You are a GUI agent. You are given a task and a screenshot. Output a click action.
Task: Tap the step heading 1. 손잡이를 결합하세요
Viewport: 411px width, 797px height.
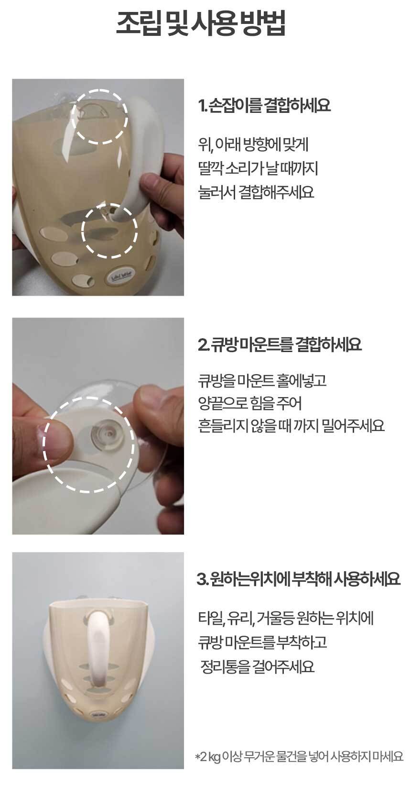pyautogui.click(x=264, y=105)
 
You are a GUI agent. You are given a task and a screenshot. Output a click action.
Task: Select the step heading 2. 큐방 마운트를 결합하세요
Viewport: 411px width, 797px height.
pyautogui.click(x=280, y=344)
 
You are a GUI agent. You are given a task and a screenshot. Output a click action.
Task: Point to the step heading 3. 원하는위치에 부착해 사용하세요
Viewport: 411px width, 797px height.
pyautogui.click(x=298, y=579)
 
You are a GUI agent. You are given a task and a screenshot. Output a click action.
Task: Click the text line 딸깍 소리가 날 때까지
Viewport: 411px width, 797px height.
pyautogui.click(x=258, y=168)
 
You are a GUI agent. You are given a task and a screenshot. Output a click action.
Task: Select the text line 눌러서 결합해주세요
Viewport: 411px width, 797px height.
pyautogui.click(x=256, y=192)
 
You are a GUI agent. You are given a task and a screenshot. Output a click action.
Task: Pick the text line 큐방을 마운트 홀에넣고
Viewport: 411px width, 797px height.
pyautogui.click(x=262, y=380)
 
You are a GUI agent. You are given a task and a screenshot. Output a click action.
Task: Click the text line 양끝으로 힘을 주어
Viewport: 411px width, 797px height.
pyautogui.click(x=250, y=403)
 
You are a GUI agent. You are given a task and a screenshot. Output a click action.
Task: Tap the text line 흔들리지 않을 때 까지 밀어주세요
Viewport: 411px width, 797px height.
pyautogui.click(x=292, y=426)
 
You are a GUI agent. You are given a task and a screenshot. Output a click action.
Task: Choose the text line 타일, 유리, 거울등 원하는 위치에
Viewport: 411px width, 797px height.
pyautogui.click(x=286, y=619)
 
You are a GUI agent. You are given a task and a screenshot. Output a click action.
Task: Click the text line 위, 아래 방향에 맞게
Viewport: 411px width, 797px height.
pyautogui.click(x=253, y=145)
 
